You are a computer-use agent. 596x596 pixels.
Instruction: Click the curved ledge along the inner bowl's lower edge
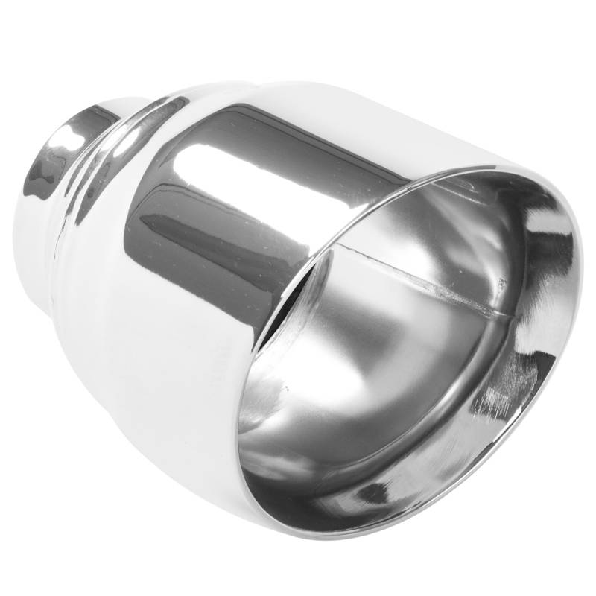(x=358, y=462)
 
